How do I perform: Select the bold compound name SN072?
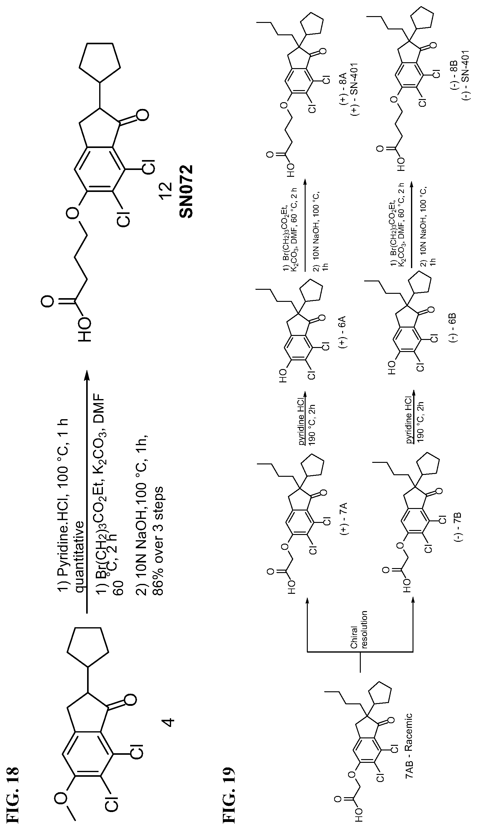click(x=186, y=192)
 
